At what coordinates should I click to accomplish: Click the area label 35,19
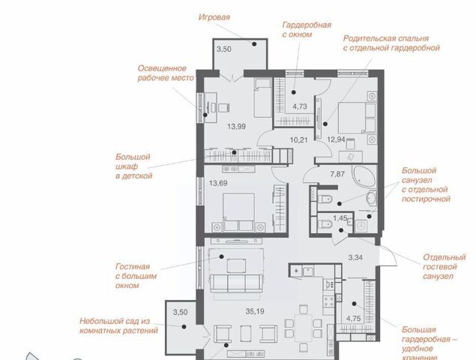(255, 311)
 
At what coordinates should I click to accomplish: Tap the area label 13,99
(236, 127)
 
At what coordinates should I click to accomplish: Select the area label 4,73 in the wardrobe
(300, 106)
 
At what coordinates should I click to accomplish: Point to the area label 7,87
(337, 174)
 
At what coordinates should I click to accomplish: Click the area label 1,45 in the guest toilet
(340, 217)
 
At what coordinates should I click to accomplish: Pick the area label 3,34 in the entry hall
(355, 257)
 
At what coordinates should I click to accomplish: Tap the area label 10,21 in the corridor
(299, 140)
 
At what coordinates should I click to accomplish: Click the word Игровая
(214, 17)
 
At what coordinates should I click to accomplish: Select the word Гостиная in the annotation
(133, 266)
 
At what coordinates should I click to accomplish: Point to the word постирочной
(426, 199)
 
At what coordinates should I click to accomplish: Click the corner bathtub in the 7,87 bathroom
(364, 176)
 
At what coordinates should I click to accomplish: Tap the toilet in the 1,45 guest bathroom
(325, 224)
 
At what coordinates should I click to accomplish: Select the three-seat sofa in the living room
(236, 283)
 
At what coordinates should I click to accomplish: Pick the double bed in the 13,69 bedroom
(238, 211)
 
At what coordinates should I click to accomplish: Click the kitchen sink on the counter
(308, 271)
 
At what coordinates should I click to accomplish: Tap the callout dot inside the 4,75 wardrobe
(354, 304)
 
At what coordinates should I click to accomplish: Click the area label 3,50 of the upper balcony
(224, 49)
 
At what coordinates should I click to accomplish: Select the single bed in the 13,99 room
(262, 97)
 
